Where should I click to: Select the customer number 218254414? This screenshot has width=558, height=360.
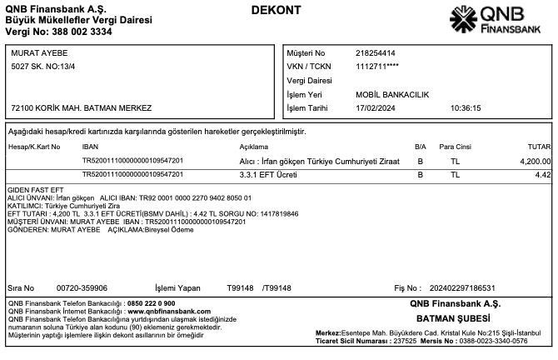pyautogui.click(x=375, y=53)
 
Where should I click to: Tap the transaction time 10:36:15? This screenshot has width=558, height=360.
pyautogui.click(x=466, y=108)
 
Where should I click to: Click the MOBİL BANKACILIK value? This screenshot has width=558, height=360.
pyautogui.click(x=392, y=95)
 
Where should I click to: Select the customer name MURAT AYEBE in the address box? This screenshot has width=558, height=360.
pyautogui.click(x=39, y=53)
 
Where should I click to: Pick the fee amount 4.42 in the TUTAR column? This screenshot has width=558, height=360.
pyautogui.click(x=543, y=174)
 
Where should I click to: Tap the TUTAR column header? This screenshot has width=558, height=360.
pyautogui.click(x=540, y=147)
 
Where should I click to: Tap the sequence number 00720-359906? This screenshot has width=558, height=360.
pyautogui.click(x=82, y=288)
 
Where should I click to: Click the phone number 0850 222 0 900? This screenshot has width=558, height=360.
pyautogui.click(x=151, y=303)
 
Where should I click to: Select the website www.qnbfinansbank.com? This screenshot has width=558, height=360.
pyautogui.click(x=169, y=310)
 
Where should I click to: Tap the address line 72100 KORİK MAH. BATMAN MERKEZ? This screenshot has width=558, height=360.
pyautogui.click(x=82, y=108)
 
